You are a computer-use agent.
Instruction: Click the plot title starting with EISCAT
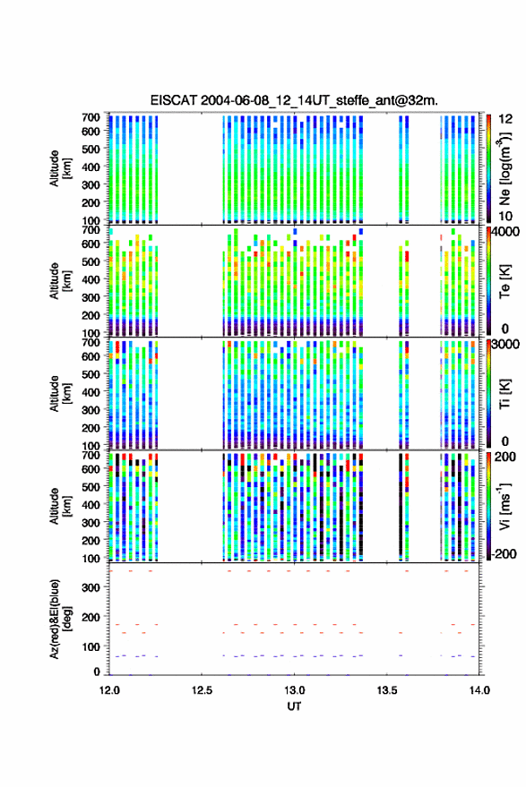click(294, 100)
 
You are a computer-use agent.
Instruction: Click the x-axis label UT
click(294, 706)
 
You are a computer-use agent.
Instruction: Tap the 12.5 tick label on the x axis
click(202, 690)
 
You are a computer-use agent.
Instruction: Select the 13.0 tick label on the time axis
click(294, 690)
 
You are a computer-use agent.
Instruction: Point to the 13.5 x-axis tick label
click(387, 690)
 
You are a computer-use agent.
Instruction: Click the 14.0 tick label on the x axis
click(479, 690)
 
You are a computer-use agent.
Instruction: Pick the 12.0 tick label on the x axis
click(109, 690)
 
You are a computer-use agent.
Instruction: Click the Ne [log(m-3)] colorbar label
click(505, 168)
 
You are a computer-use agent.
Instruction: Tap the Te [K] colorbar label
click(504, 281)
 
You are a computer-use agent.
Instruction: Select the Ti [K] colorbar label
click(504, 394)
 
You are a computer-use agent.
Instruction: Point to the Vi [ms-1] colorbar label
click(504, 506)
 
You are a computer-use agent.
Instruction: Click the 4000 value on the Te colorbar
click(504, 232)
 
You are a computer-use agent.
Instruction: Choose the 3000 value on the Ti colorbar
click(504, 345)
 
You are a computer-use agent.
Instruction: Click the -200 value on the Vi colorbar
click(504, 554)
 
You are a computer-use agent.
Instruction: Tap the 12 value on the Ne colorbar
click(505, 119)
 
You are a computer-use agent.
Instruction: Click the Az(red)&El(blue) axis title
click(59, 620)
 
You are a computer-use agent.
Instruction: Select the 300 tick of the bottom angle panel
click(91, 587)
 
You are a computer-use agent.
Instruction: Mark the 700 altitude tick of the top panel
click(91, 117)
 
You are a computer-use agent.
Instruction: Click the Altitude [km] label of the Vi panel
click(59, 506)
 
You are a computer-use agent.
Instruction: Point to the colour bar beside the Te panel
click(488, 281)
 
